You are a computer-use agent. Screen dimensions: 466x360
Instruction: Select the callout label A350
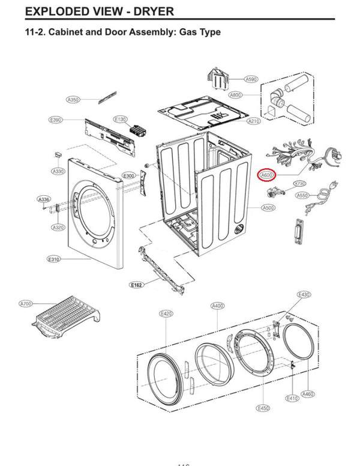[73, 99]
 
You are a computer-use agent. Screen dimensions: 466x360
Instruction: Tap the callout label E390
[55, 120]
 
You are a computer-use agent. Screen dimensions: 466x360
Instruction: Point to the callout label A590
[251, 79]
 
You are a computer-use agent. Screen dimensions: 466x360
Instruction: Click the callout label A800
[235, 95]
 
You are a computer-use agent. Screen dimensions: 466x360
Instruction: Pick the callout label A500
[268, 208]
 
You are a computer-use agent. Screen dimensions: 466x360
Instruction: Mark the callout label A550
[302, 195]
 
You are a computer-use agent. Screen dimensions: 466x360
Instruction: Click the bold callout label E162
[136, 285]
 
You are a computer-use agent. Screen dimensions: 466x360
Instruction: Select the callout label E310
[54, 259]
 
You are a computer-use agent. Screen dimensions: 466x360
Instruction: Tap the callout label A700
[25, 304]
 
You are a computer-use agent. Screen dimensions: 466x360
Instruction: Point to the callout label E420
[166, 313]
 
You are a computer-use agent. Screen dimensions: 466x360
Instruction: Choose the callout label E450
[262, 408]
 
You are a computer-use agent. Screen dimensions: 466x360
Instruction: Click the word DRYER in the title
[145, 11]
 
